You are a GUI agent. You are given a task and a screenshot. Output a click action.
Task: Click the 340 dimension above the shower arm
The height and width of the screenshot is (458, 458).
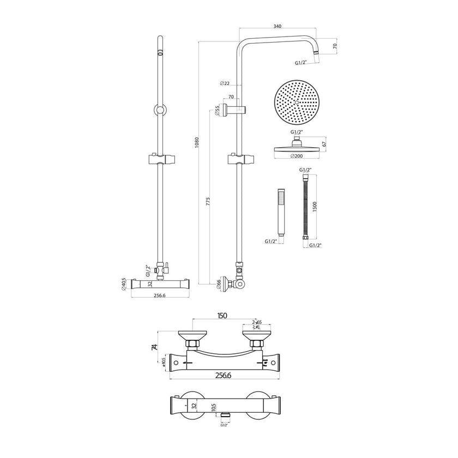[278, 27]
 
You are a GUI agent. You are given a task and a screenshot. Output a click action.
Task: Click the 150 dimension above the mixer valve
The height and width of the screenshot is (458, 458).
[222, 316]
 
